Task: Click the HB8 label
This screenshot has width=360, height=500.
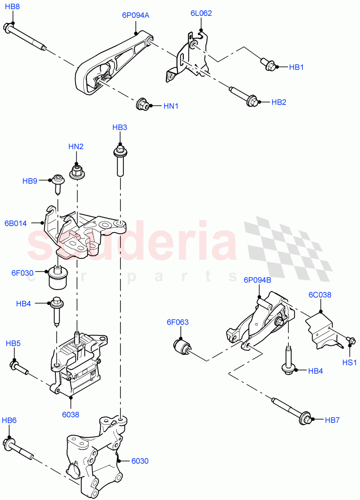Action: [12, 7]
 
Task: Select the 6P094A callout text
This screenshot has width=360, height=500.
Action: [135, 15]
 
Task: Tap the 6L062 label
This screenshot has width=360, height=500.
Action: [201, 13]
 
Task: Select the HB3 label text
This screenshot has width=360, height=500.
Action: [120, 127]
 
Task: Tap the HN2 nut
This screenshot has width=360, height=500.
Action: [76, 171]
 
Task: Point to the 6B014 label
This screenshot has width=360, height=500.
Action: [15, 223]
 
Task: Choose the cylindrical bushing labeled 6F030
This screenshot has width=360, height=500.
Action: [58, 277]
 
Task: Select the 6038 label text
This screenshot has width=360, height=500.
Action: [71, 414]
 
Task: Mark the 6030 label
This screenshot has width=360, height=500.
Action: [140, 461]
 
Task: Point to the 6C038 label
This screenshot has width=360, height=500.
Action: [320, 295]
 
